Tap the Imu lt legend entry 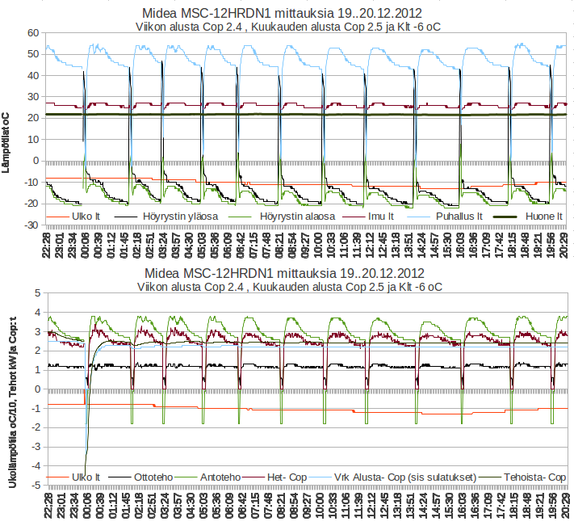(x=381, y=217)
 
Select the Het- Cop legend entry (x=290, y=477)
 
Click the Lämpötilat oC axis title (x=7, y=142)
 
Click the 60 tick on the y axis (x=33, y=33)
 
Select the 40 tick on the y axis (x=33, y=75)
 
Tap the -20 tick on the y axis (x=31, y=203)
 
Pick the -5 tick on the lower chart (x=36, y=486)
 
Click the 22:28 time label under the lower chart (x=49, y=506)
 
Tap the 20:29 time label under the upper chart (x=564, y=245)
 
